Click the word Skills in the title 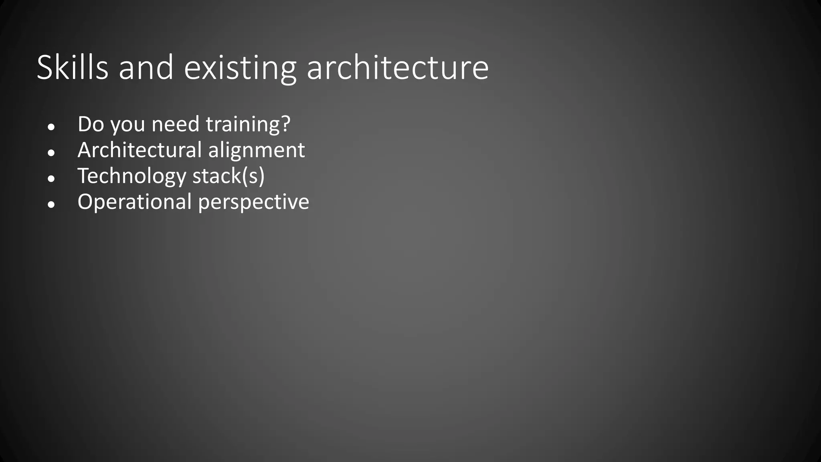pyautogui.click(x=73, y=67)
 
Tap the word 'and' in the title pyautogui.click(x=146, y=67)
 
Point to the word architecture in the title pyautogui.click(x=397, y=67)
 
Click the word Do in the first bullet pyautogui.click(x=91, y=124)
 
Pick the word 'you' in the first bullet pyautogui.click(x=127, y=125)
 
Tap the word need pyautogui.click(x=175, y=124)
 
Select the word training pyautogui.click(x=243, y=125)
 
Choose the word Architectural pyautogui.click(x=140, y=150)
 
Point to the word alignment pyautogui.click(x=256, y=151)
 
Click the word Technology pyautogui.click(x=132, y=176)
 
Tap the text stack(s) pyautogui.click(x=229, y=176)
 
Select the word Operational pyautogui.click(x=134, y=202)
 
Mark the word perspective pyautogui.click(x=253, y=203)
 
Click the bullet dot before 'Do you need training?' pyautogui.click(x=51, y=127)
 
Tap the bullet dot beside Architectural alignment pyautogui.click(x=51, y=153)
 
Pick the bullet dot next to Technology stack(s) pyautogui.click(x=51, y=179)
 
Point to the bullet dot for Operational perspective pyautogui.click(x=51, y=205)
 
